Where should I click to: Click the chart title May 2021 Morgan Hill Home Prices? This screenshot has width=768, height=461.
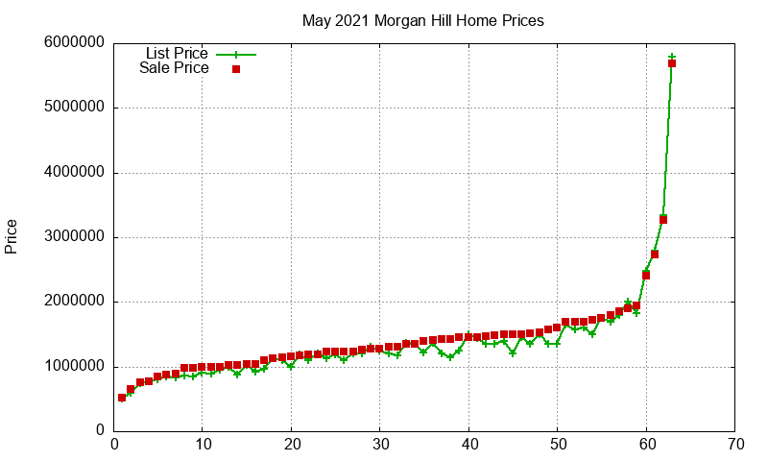[422, 20]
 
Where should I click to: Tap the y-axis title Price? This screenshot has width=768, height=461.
[11, 236]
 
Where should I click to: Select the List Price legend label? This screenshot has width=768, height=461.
[177, 53]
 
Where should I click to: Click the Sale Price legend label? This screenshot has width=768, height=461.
[174, 67]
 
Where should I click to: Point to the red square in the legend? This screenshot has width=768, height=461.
[236, 69]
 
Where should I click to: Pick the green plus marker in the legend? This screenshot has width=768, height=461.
[236, 55]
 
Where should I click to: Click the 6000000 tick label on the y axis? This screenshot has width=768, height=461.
[75, 42]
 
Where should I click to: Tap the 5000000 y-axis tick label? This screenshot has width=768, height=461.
[75, 107]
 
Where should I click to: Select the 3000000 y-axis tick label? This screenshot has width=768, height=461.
[75, 236]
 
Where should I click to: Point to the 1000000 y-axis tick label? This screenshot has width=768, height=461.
[75, 366]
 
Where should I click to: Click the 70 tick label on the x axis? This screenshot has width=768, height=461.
[735, 445]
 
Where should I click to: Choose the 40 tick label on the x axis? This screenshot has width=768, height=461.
[469, 445]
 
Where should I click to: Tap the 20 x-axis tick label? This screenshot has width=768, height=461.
[292, 445]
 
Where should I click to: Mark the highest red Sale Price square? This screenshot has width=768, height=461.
[672, 63]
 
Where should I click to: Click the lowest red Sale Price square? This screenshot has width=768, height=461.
[122, 398]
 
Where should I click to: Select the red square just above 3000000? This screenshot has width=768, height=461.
[663, 220]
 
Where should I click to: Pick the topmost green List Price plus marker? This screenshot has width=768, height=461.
[672, 57]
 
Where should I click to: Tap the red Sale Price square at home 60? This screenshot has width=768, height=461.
[646, 276]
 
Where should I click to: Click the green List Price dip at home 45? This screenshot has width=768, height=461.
[513, 352]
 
